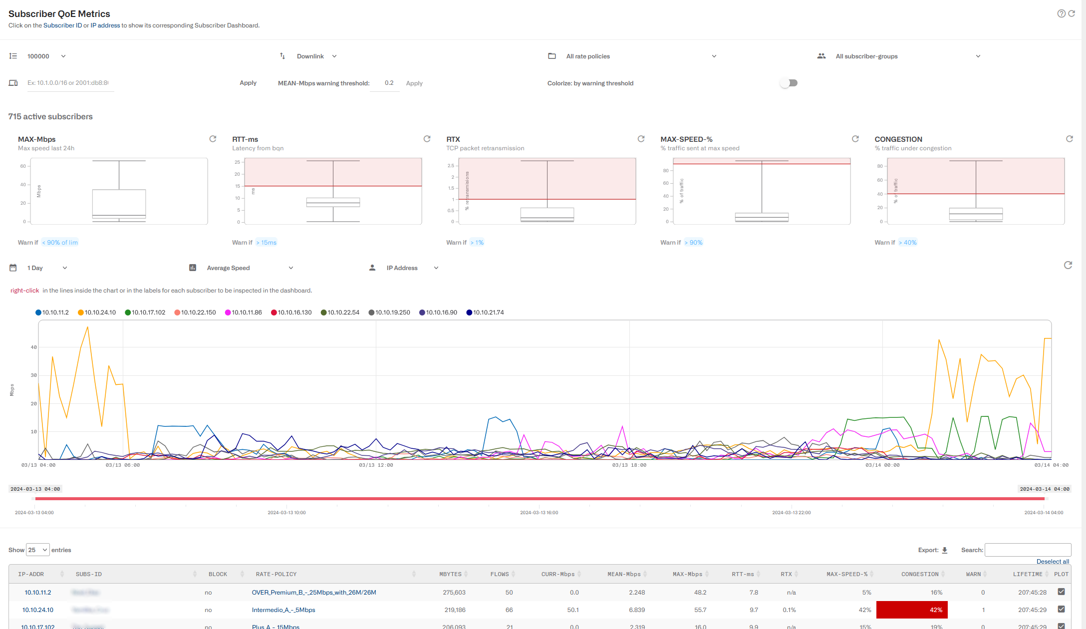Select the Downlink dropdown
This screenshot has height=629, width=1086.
click(x=316, y=56)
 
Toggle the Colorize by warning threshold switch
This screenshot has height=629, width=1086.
click(x=789, y=83)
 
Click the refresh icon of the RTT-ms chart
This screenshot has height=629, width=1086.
click(x=427, y=139)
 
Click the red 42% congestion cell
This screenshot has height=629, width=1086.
click(x=911, y=610)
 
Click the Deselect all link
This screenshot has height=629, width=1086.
click(x=1053, y=562)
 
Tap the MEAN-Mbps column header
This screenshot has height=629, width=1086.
click(x=624, y=574)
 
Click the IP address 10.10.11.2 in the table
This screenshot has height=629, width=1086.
click(x=38, y=593)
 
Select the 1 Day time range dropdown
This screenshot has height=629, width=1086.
click(x=46, y=268)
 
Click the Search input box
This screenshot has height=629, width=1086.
click(x=1028, y=550)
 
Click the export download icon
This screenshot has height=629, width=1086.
click(x=945, y=550)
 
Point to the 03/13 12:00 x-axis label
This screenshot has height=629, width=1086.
click(x=376, y=465)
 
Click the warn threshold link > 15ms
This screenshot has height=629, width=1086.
click(x=267, y=243)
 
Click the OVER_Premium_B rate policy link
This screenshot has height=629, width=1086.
click(x=314, y=593)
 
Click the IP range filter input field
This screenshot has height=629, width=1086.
click(x=70, y=83)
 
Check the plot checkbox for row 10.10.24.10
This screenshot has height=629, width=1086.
click(x=1061, y=609)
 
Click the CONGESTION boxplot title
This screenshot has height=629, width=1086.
click(x=898, y=139)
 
